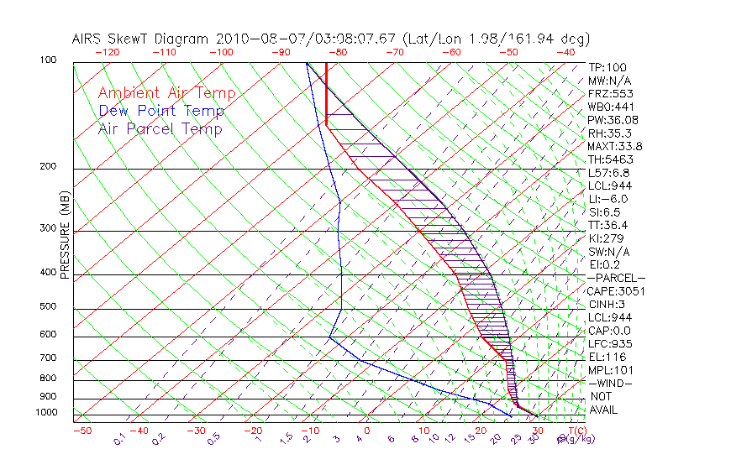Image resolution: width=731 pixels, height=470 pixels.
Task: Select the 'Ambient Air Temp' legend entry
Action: (x=166, y=93)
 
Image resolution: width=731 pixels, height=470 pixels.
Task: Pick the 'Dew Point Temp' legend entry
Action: (x=160, y=111)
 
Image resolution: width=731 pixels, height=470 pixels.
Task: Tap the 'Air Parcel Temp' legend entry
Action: (x=160, y=128)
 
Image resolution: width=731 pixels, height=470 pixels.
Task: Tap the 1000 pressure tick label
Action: (x=47, y=413)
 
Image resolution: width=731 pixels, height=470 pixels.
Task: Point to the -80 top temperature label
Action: (x=339, y=52)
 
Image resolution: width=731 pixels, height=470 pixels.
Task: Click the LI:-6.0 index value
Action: (x=607, y=199)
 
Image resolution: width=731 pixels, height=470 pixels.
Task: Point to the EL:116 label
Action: (x=605, y=357)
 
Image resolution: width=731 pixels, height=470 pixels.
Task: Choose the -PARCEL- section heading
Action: (x=616, y=278)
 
